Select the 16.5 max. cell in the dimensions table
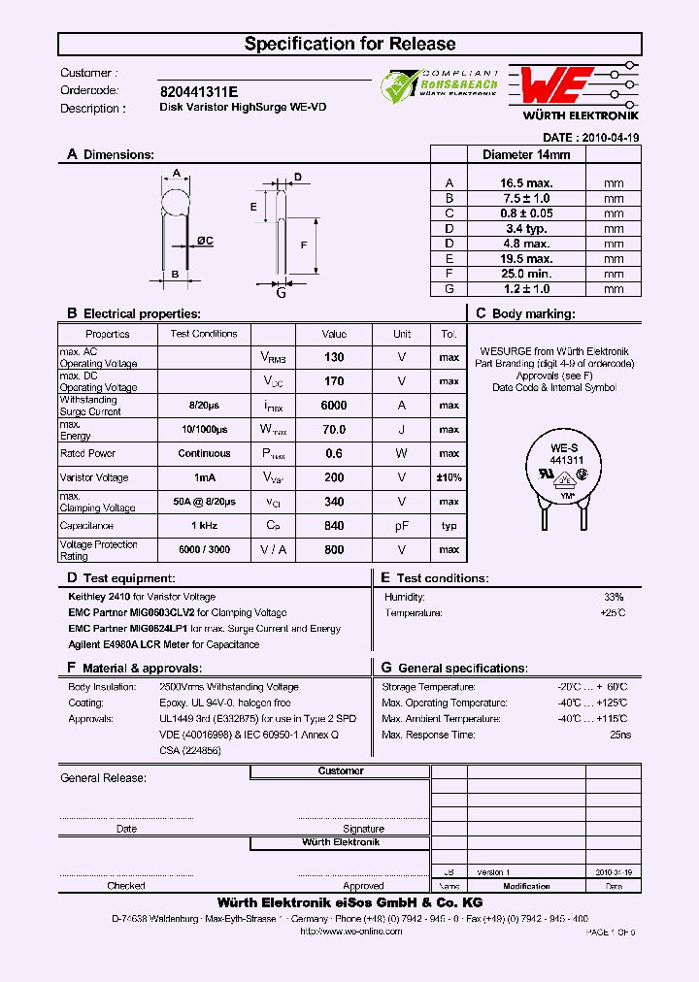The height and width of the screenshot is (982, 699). pos(525,183)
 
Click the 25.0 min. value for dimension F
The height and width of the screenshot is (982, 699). pos(525,275)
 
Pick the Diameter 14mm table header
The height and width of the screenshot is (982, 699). pos(525,154)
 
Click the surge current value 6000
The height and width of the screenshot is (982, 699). pos(333,406)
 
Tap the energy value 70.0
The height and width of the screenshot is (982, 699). pos(333,430)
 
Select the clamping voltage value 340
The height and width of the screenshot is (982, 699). pos(333,502)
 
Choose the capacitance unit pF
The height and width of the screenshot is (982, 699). pos(401,526)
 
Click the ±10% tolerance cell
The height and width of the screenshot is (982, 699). pos(448,477)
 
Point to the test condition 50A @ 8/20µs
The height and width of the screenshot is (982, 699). pos(204,502)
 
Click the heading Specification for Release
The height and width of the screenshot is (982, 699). pos(349,44)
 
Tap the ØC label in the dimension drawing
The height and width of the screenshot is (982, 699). pos(205,241)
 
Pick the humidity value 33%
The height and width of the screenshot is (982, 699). pos(614,597)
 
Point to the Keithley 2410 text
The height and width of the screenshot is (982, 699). pos(95,597)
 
